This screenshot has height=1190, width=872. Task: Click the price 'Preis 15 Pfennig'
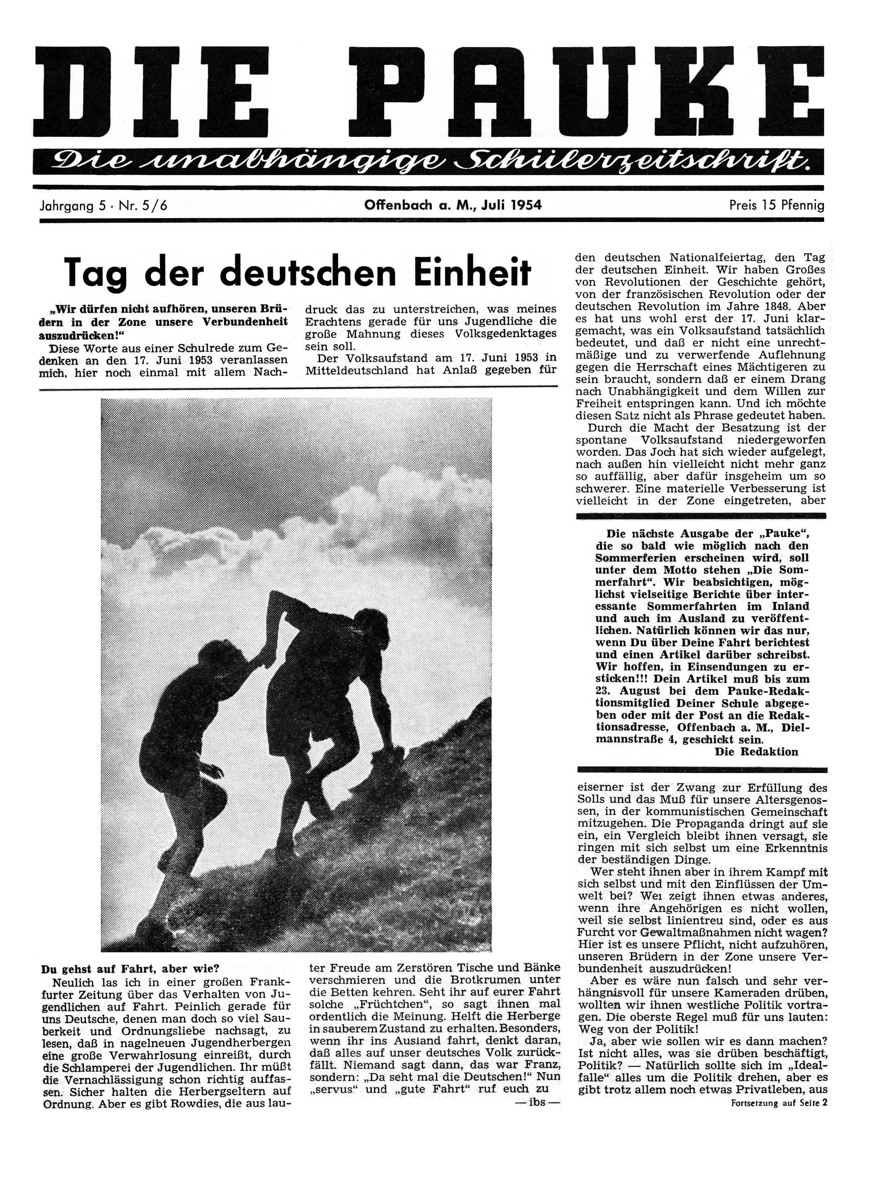coord(776,205)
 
